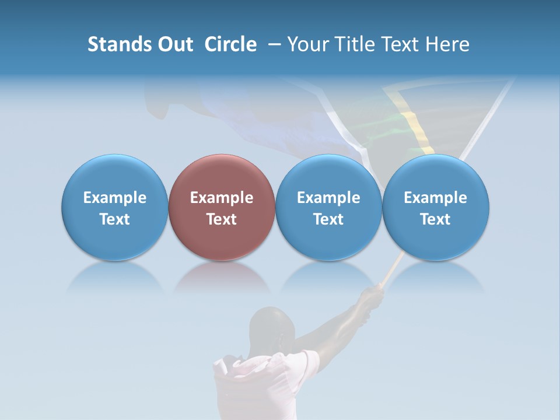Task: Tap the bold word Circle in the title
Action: click(x=230, y=45)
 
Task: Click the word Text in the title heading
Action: click(x=401, y=45)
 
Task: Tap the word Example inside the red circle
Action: click(x=222, y=198)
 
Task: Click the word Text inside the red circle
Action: click(x=222, y=219)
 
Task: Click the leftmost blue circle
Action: click(x=114, y=208)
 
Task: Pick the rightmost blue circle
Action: click(x=435, y=208)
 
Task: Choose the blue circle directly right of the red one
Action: click(x=328, y=208)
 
